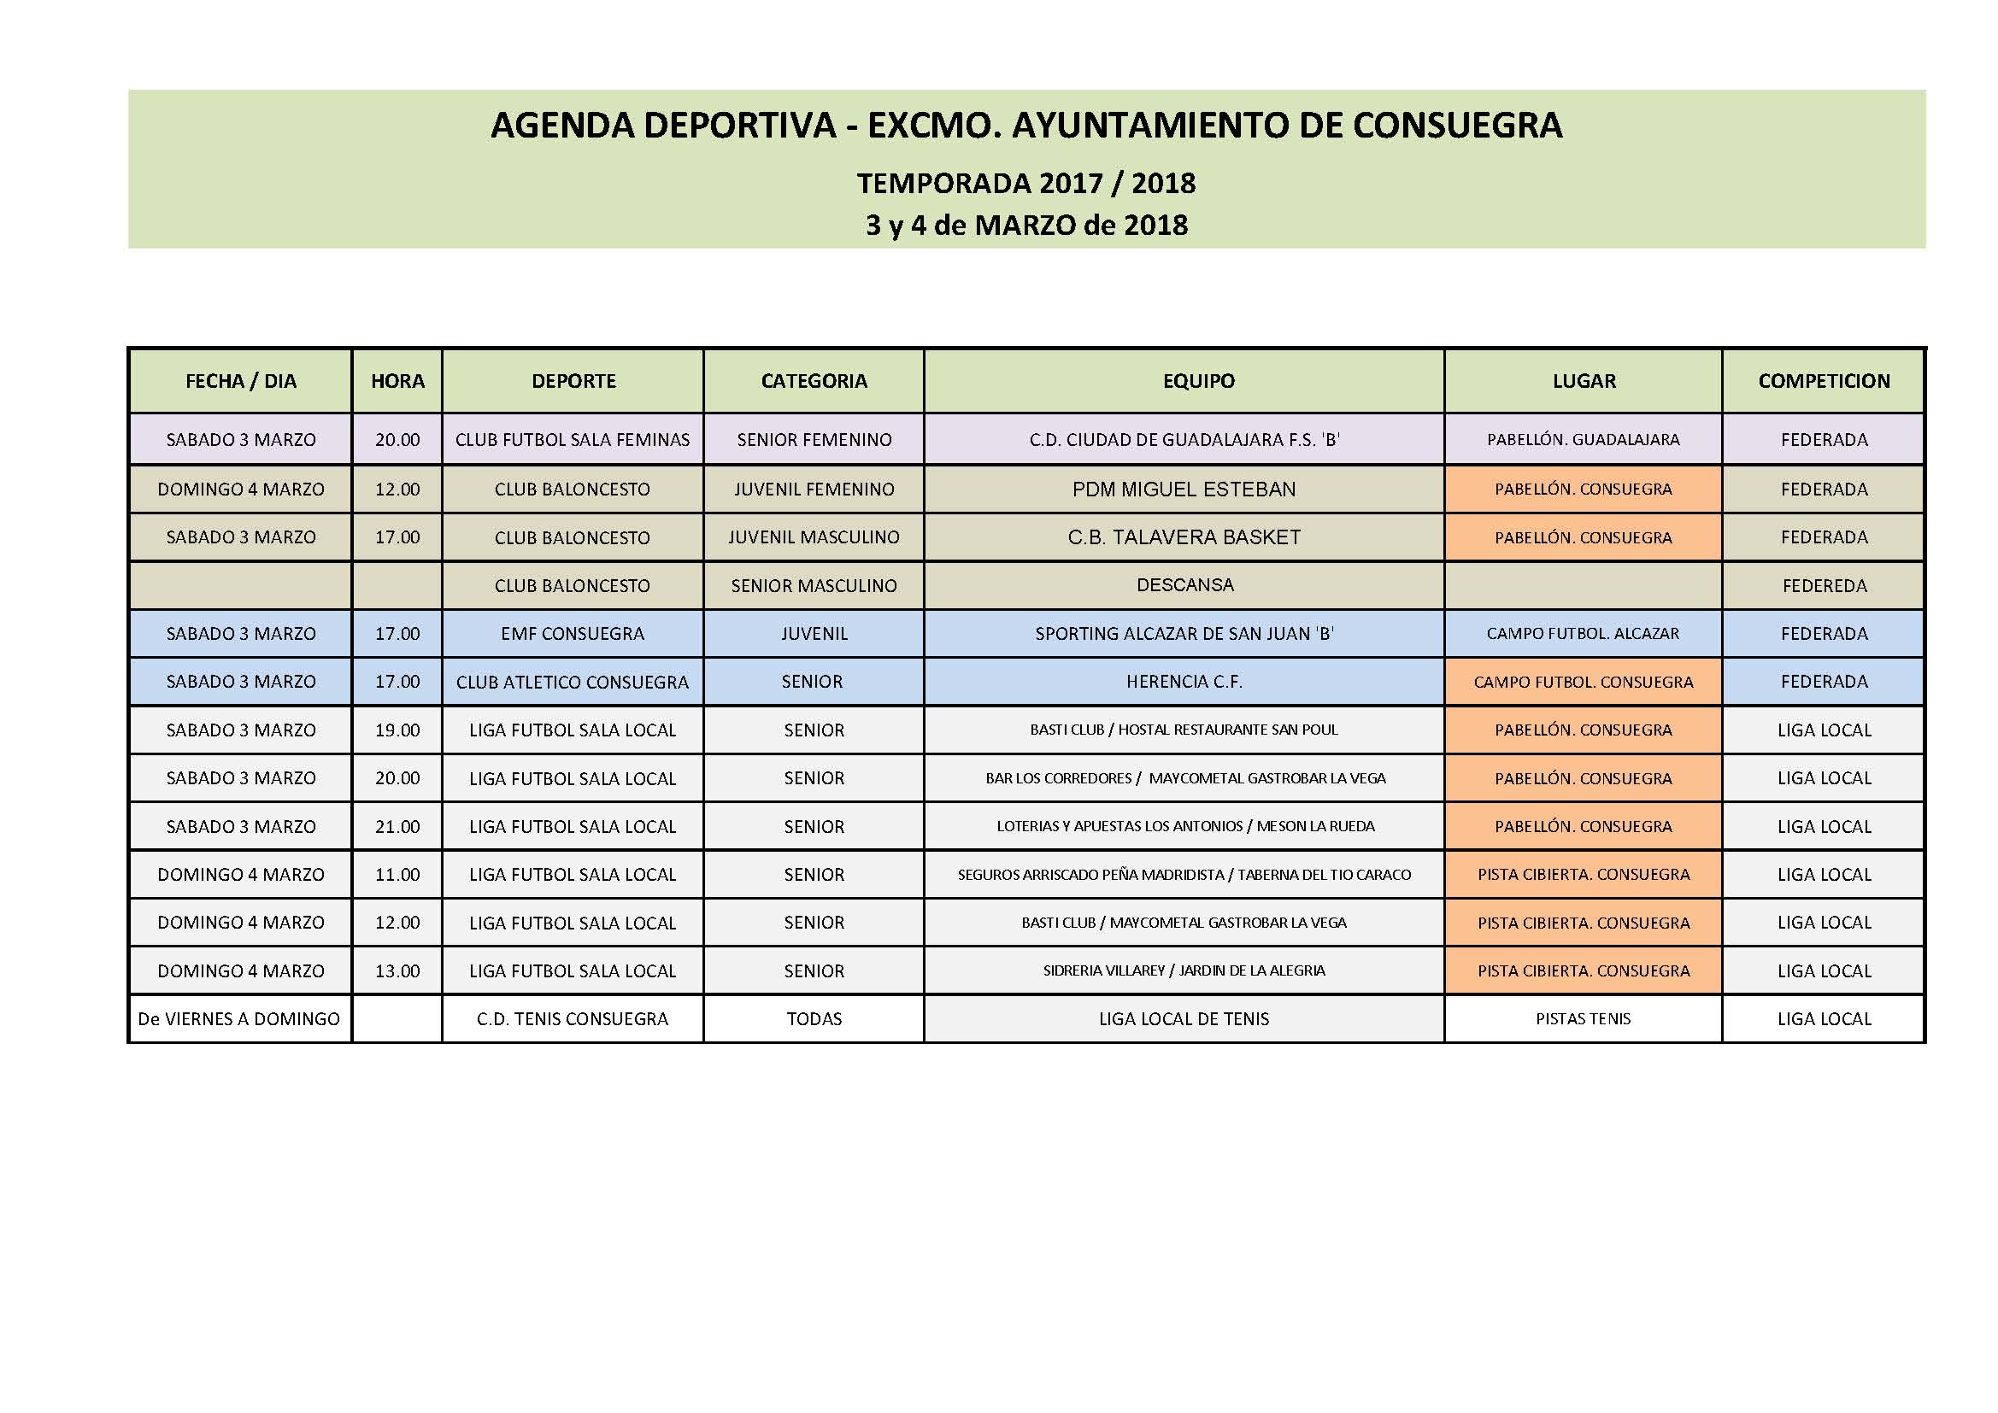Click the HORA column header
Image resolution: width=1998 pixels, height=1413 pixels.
click(397, 381)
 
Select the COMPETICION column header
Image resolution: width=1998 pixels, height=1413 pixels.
click(1824, 381)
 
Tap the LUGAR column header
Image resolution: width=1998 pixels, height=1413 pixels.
click(1584, 381)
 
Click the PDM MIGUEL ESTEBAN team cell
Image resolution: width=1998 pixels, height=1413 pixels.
click(1184, 489)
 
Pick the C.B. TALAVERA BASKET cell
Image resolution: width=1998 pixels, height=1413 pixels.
click(1184, 537)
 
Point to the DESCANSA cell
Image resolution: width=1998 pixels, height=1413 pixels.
click(1184, 585)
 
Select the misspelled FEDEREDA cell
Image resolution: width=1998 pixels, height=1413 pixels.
click(1824, 586)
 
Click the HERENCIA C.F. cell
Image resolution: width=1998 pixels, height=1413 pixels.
click(1184, 682)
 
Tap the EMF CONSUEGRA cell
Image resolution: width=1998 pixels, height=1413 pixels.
click(573, 634)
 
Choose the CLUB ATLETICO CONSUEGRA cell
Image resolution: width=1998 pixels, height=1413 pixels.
click(573, 682)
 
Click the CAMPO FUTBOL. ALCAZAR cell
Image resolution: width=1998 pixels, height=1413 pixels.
click(1583, 634)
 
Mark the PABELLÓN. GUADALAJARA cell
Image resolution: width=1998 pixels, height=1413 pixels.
click(1583, 440)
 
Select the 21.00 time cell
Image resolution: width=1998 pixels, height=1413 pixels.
click(397, 827)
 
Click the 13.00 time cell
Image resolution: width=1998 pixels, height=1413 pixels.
click(397, 971)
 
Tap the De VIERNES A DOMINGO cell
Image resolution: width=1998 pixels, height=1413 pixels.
click(239, 1019)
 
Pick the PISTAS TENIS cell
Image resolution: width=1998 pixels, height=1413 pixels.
click(1583, 1019)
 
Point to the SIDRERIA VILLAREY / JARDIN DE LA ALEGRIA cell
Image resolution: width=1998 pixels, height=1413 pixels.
click(1184, 971)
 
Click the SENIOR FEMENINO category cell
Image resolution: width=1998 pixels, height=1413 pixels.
click(814, 440)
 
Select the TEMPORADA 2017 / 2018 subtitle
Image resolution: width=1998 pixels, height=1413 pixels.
click(1026, 184)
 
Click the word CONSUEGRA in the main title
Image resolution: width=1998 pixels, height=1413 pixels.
click(1458, 126)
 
